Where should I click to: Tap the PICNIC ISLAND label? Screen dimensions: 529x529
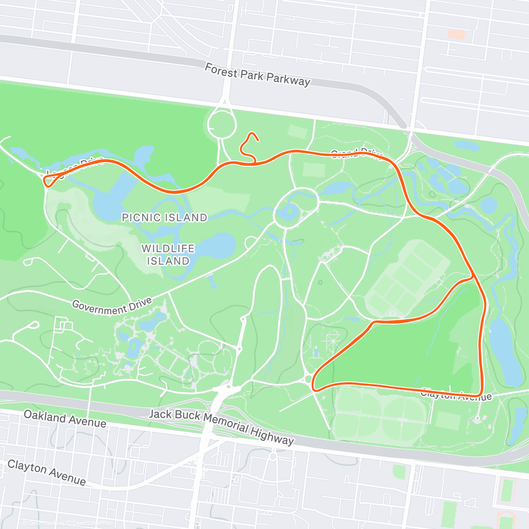click(x=164, y=217)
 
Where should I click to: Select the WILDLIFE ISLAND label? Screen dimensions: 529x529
click(x=168, y=255)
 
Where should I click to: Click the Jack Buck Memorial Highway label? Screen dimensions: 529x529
click(x=221, y=426)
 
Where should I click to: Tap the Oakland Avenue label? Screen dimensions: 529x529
click(x=65, y=419)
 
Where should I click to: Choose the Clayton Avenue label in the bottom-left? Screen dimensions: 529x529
click(x=47, y=472)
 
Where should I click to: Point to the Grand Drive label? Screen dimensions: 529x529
click(x=357, y=154)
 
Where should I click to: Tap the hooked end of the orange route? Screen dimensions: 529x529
click(x=257, y=140)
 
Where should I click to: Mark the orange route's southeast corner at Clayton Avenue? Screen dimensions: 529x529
click(x=480, y=394)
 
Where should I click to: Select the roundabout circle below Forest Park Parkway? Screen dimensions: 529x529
click(x=222, y=124)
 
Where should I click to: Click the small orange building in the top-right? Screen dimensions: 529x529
click(x=456, y=34)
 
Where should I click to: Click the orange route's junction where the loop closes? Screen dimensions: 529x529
click(x=473, y=278)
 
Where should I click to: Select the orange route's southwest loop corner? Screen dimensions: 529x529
click(x=314, y=388)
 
